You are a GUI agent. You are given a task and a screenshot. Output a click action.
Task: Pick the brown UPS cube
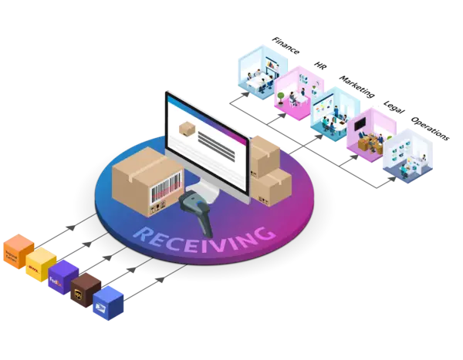[83, 289]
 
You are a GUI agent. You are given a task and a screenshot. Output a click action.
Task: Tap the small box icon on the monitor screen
[186, 128]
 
